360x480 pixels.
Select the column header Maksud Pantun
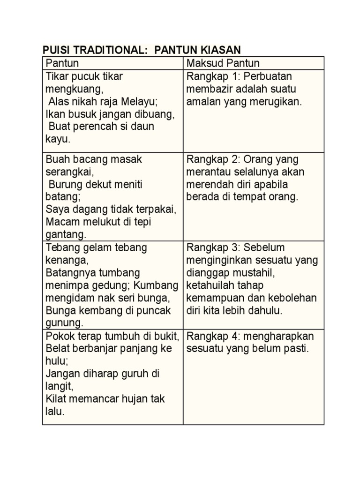pyautogui.click(x=223, y=63)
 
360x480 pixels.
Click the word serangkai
pyautogui.click(x=70, y=172)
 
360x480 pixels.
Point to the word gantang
pyautogui.click(x=66, y=234)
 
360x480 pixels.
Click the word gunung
pyautogui.click(x=64, y=322)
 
